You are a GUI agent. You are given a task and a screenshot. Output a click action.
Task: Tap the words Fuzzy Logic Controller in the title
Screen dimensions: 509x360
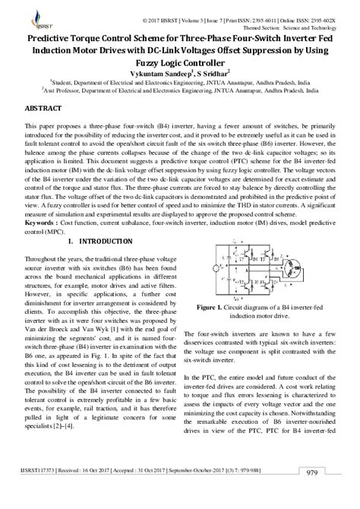(x=180, y=62)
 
